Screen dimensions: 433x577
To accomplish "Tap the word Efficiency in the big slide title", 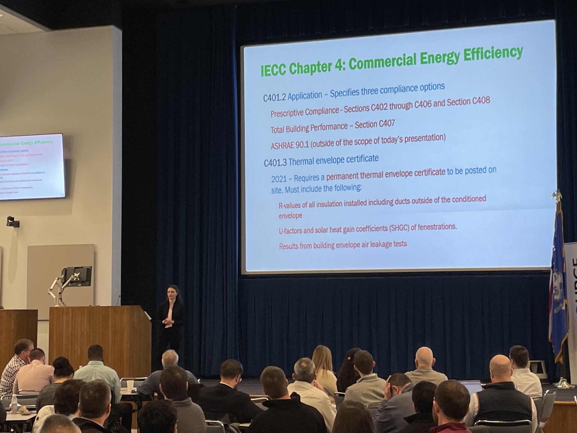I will point(493,55).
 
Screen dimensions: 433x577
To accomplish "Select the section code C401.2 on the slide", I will point(274,98).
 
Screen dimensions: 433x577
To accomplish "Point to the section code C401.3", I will point(275,163).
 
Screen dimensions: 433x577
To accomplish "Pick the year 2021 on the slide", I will point(279,179).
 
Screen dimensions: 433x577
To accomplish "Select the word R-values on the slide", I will point(290,206).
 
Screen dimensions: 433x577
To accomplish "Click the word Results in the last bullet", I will point(290,247).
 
